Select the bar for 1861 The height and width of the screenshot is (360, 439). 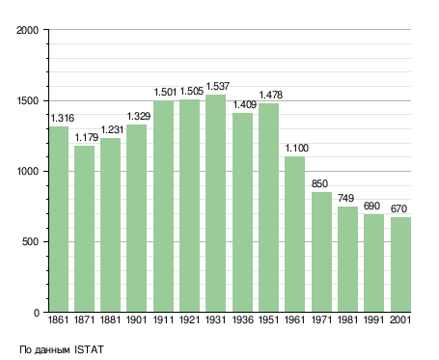click(x=59, y=219)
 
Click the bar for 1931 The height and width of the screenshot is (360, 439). click(x=215, y=204)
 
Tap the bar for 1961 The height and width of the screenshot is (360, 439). click(x=294, y=235)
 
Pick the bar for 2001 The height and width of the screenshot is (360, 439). click(x=400, y=264)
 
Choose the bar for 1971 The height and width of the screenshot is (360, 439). click(x=321, y=252)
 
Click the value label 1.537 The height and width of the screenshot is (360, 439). click(x=218, y=86)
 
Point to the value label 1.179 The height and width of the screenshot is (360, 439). click(x=87, y=137)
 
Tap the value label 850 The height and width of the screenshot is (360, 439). click(x=319, y=183)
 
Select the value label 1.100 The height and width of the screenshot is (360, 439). click(x=297, y=148)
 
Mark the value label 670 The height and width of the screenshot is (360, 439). click(x=398, y=208)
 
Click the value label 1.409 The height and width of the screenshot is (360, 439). click(x=245, y=104)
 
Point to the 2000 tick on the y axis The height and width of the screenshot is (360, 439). click(x=28, y=30)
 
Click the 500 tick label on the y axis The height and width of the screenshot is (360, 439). click(x=30, y=241)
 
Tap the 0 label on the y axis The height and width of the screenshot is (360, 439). click(x=37, y=313)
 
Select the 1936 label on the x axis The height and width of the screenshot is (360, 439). click(x=242, y=319)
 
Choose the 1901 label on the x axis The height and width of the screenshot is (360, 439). click(x=136, y=319)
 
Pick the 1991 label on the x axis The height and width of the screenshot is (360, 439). click(x=373, y=319)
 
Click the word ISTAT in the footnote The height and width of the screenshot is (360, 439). click(x=89, y=349)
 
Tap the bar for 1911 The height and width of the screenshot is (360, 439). click(x=163, y=207)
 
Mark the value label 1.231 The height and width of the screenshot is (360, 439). click(x=112, y=129)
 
